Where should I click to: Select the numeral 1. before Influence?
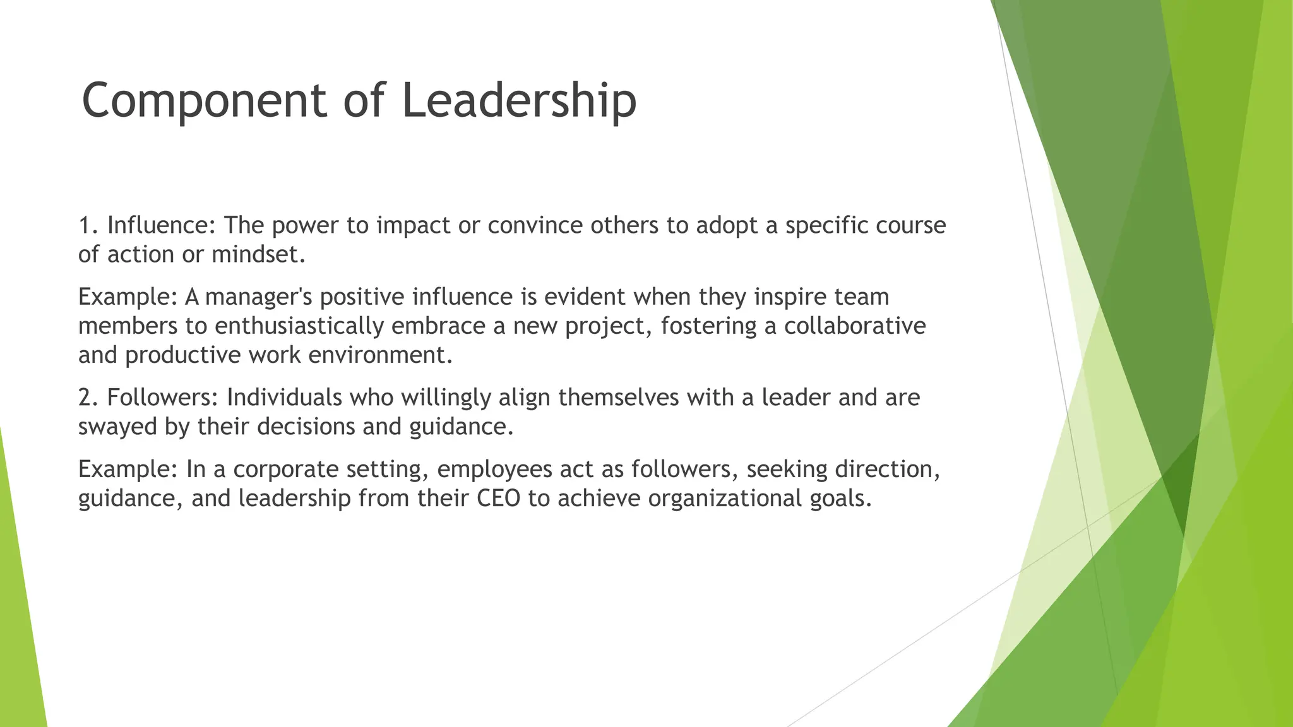click(88, 225)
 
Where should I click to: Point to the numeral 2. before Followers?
click(88, 398)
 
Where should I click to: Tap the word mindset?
click(258, 254)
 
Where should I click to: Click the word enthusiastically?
click(299, 326)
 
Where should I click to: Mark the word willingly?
click(446, 398)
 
